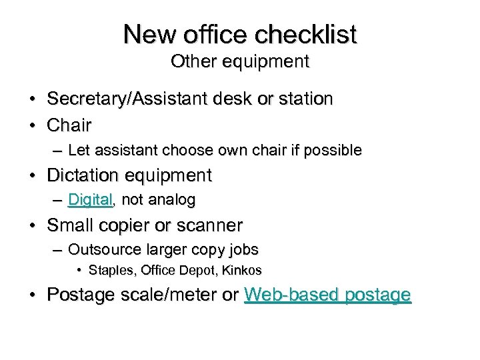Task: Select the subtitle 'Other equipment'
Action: pyautogui.click(x=240, y=61)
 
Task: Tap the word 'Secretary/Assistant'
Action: pyautogui.click(x=122, y=99)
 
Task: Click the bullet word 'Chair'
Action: pyautogui.click(x=69, y=125)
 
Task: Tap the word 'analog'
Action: pyautogui.click(x=172, y=199)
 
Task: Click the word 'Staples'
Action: pyautogui.click(x=110, y=271)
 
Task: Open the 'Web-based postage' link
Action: pyautogui.click(x=327, y=295)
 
